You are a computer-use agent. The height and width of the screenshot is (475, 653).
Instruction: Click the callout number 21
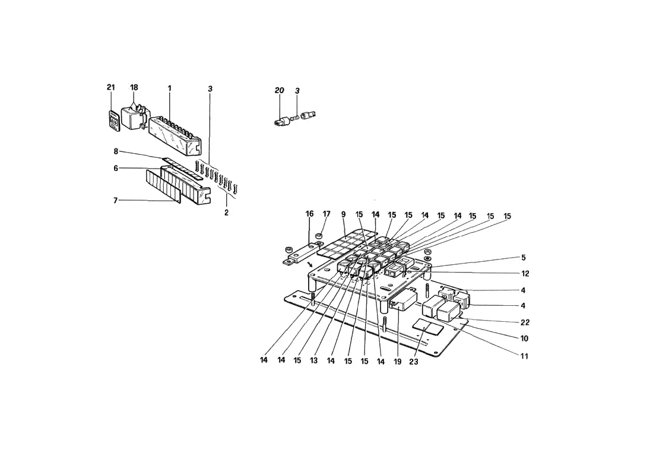click(110, 87)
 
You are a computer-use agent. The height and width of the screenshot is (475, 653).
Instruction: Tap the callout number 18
click(134, 87)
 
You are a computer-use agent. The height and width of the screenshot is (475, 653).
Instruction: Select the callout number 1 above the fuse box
click(170, 88)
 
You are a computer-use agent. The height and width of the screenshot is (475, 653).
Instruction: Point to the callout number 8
click(116, 151)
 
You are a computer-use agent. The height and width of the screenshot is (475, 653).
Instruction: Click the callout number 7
click(115, 201)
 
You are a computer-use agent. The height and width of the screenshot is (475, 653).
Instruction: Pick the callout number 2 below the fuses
click(226, 213)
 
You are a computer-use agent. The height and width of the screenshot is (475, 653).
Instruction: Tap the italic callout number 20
click(279, 90)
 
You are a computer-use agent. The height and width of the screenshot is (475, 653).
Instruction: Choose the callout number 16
click(309, 214)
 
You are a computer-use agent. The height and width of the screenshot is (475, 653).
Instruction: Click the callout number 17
click(326, 214)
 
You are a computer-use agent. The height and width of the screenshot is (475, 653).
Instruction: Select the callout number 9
click(343, 214)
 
